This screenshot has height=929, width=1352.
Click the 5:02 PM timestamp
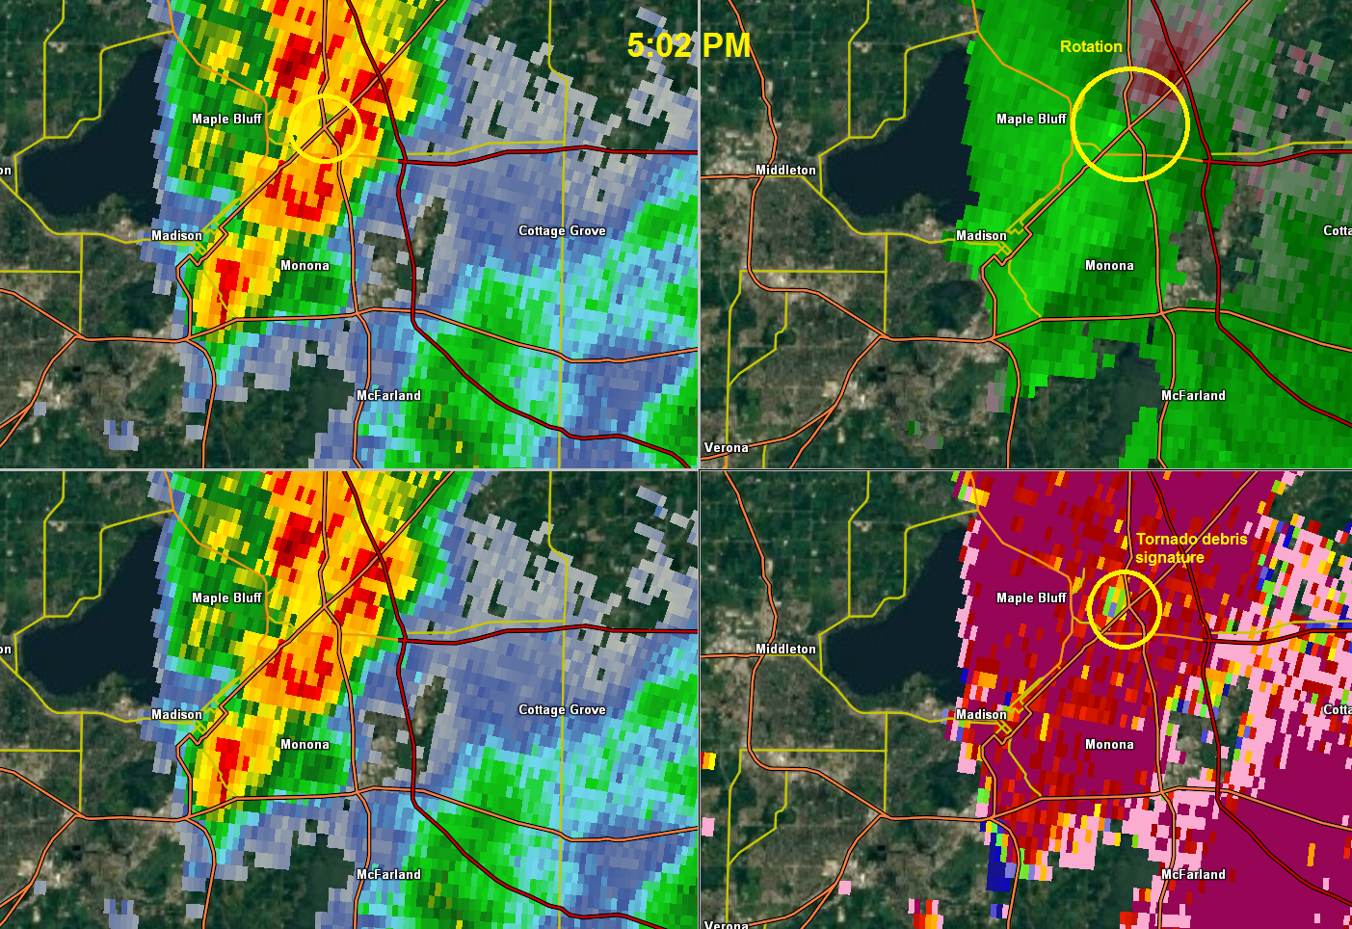pos(688,44)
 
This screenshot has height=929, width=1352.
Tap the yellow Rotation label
pos(1091,46)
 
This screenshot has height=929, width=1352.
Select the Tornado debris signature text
pos(1191,548)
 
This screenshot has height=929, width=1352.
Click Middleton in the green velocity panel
pos(785,170)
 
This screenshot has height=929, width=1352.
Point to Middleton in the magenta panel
pos(785,649)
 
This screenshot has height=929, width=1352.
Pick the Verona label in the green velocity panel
pos(727,447)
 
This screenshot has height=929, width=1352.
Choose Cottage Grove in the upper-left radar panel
pos(562,230)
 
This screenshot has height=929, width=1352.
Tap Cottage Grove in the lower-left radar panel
pos(562,709)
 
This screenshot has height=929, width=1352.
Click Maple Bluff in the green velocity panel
pos(1031,119)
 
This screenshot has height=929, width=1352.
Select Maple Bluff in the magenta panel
pos(1031,597)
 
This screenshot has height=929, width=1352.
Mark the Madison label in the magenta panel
pos(981,714)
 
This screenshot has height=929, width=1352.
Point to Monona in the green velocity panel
pos(1109,265)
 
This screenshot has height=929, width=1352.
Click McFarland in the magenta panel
pos(1193,874)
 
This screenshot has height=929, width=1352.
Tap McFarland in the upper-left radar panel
pos(388,395)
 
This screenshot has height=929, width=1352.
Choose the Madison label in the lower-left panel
pos(176,714)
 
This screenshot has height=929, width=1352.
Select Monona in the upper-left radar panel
pos(305,265)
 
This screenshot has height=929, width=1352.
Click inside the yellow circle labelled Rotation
pos(1130,123)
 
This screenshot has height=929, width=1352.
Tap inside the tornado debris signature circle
pos(1124,609)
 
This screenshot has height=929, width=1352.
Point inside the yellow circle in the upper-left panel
pos(325,127)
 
